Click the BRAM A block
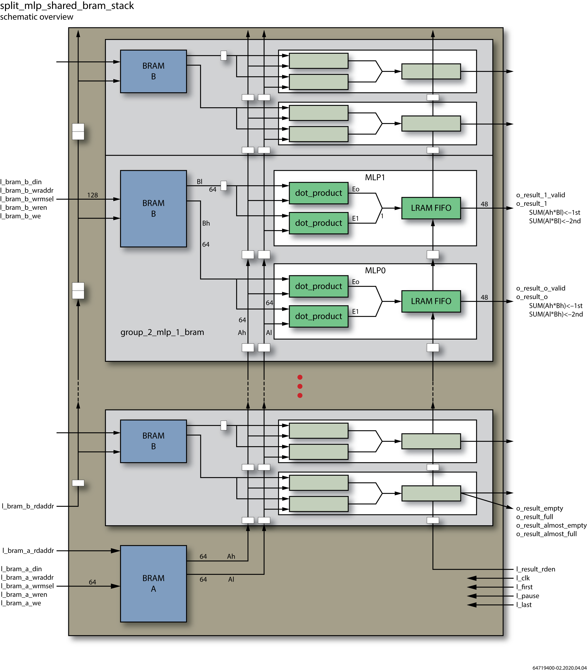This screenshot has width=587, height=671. pyautogui.click(x=153, y=583)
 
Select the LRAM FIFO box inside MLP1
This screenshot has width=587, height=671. pyautogui.click(x=431, y=208)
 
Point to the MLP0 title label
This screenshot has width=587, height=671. pyautogui.click(x=375, y=270)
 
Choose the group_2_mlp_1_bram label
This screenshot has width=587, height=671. pyautogui.click(x=162, y=332)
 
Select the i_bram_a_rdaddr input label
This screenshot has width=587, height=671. pyautogui.click(x=28, y=550)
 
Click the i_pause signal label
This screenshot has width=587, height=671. pyautogui.click(x=527, y=596)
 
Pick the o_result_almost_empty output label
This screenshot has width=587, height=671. pyautogui.click(x=551, y=525)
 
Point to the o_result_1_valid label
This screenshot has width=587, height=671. pyautogui.click(x=540, y=195)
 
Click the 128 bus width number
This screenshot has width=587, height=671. pyautogui.click(x=92, y=195)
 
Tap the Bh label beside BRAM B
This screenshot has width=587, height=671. pyautogui.click(x=206, y=223)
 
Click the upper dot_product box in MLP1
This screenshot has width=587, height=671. pyautogui.click(x=318, y=193)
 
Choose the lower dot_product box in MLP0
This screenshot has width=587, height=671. pyautogui.click(x=318, y=316)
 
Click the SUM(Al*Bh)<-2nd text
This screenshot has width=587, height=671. pyautogui.click(x=556, y=314)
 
